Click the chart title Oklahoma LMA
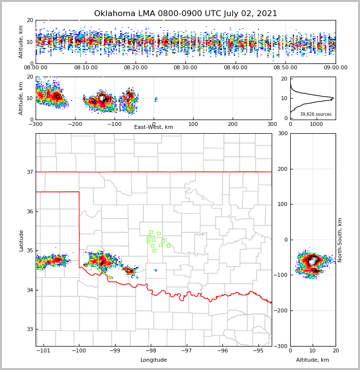(x=185, y=14)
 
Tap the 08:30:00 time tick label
(x=185, y=68)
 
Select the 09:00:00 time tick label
(x=335, y=68)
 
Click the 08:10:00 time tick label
(x=85, y=68)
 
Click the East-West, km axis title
(x=154, y=127)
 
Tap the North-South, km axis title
(x=340, y=240)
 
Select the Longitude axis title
(x=154, y=360)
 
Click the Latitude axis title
(x=21, y=240)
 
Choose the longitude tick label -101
(x=43, y=351)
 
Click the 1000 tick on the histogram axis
(x=317, y=124)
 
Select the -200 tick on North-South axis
(x=280, y=310)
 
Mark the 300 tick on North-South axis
(x=282, y=134)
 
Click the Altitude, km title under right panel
(x=313, y=360)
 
